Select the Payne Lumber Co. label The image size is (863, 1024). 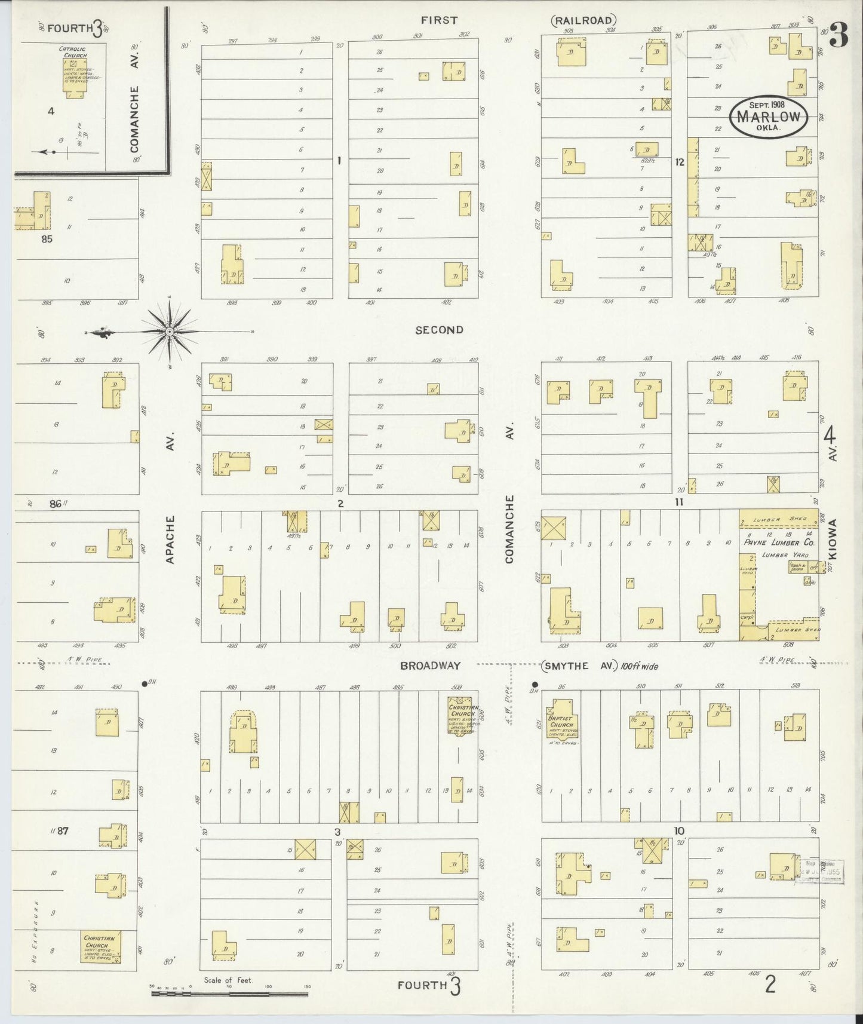click(x=779, y=543)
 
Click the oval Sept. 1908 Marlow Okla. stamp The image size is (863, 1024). click(x=768, y=116)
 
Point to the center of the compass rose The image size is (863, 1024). click(x=170, y=331)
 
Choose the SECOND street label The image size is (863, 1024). click(x=439, y=330)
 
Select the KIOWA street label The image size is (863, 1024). click(x=833, y=539)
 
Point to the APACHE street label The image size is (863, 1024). click(x=170, y=539)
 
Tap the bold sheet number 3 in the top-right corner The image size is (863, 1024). click(x=839, y=37)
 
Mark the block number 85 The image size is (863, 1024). click(x=48, y=239)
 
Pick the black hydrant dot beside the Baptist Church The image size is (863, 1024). click(x=535, y=685)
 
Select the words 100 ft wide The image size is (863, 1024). click(x=639, y=666)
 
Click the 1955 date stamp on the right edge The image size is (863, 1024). click(x=822, y=871)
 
